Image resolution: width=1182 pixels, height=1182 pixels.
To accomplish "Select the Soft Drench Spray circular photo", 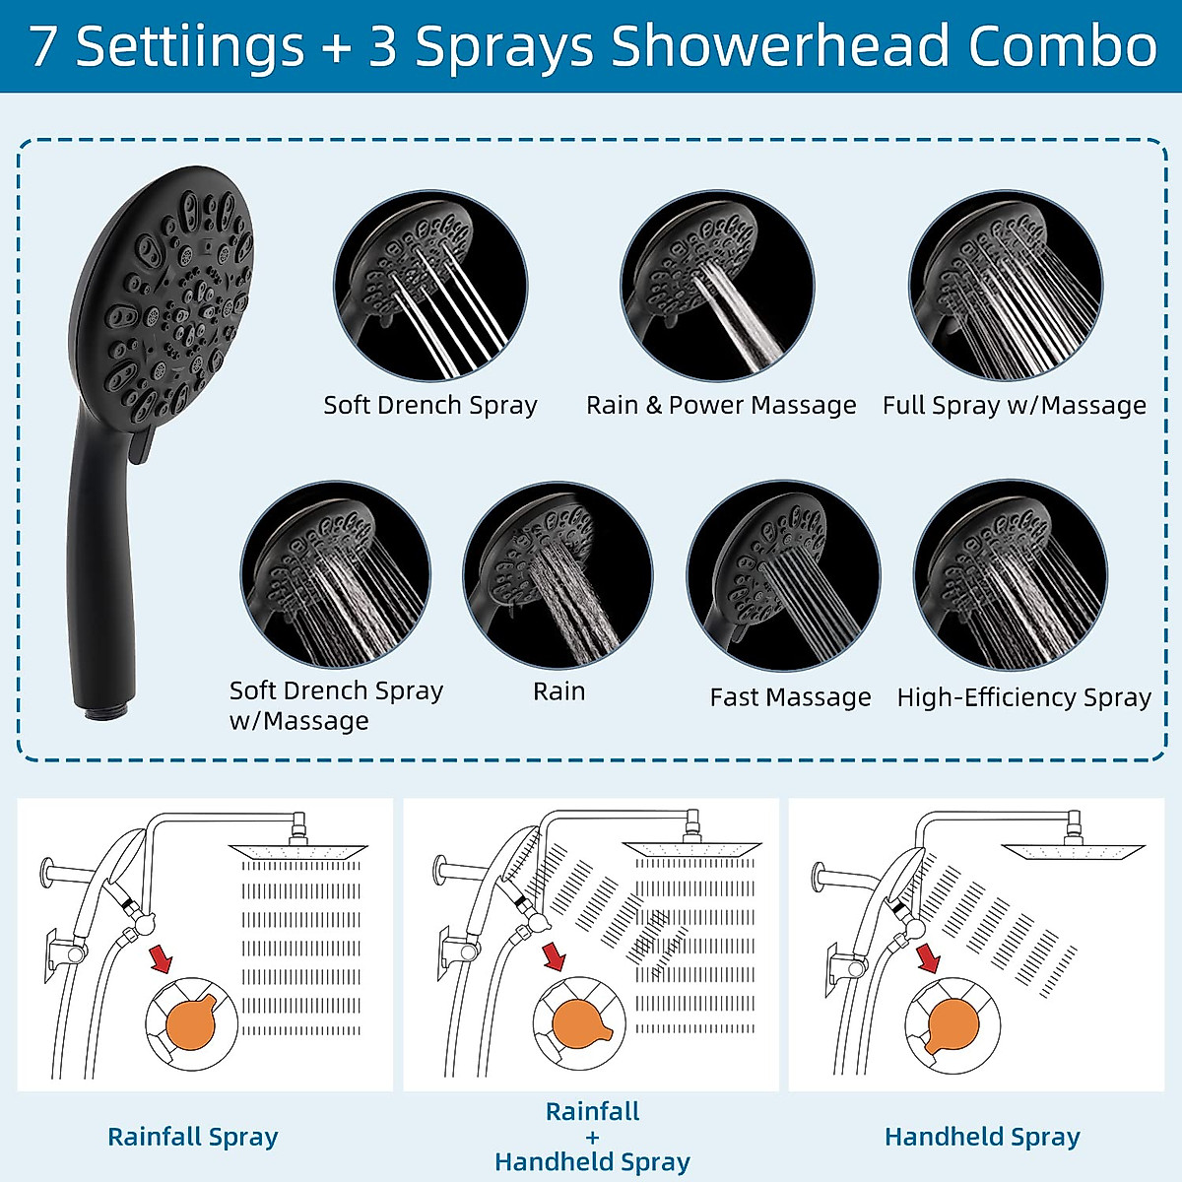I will tap(430, 287).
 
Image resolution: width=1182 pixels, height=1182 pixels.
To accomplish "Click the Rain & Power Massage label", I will tap(721, 405).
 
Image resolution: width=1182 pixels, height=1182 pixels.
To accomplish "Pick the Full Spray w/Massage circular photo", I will tap(1006, 287).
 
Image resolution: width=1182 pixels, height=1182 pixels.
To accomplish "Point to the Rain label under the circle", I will tap(558, 691).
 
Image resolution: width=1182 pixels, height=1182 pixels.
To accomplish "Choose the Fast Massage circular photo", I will tap(783, 577).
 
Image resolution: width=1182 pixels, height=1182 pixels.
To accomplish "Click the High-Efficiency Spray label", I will tap(1023, 697).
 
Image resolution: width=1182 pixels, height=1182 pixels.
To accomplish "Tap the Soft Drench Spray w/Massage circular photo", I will tap(336, 576).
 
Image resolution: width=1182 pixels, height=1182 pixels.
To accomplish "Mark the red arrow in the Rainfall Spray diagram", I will tap(160, 958).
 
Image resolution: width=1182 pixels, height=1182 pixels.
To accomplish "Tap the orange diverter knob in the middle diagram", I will tap(581, 1024).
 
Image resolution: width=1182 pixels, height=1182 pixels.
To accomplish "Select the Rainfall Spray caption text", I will tap(193, 1137).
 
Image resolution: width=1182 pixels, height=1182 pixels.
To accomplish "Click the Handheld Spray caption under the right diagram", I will tap(982, 1137).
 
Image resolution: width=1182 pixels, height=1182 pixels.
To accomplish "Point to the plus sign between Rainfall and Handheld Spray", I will tap(592, 1137).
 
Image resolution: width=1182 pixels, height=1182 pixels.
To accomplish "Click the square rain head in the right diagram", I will tap(1073, 848).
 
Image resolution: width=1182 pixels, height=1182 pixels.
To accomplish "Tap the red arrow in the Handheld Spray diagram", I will tap(928, 957).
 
